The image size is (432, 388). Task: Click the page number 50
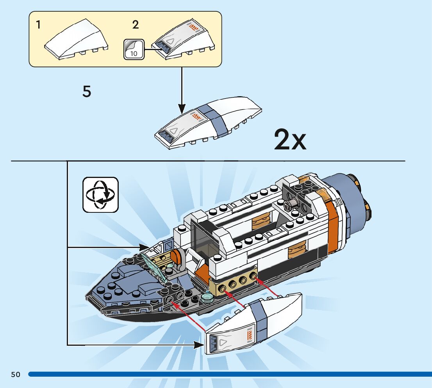[16, 374]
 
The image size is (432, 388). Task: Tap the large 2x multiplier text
[290, 140]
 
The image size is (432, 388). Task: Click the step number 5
[87, 92]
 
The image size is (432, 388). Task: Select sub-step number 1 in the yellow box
[38, 25]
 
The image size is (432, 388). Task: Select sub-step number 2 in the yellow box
[136, 25]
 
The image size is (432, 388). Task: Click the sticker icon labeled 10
[134, 49]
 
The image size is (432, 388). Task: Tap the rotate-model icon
[100, 195]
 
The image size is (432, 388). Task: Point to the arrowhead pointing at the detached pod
[199, 344]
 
